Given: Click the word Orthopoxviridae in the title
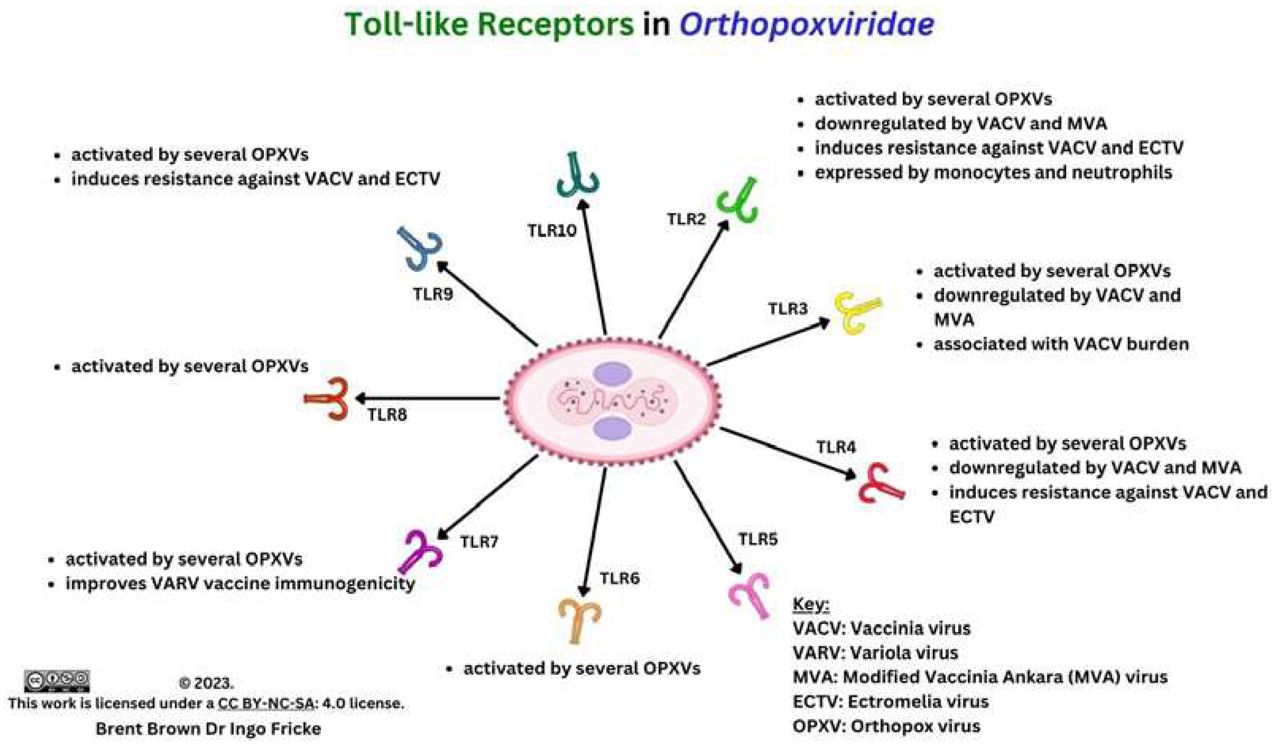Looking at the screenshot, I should click(806, 25).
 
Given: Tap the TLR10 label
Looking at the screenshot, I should click(552, 231).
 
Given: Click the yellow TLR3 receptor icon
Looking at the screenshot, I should click(856, 312).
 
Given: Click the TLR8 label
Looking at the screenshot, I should click(387, 415).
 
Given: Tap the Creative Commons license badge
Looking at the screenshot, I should click(57, 681).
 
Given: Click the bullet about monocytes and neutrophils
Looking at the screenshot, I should click(993, 173).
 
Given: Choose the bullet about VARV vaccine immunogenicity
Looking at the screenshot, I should click(240, 583).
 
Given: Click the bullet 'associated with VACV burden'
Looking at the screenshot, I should click(1061, 344).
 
